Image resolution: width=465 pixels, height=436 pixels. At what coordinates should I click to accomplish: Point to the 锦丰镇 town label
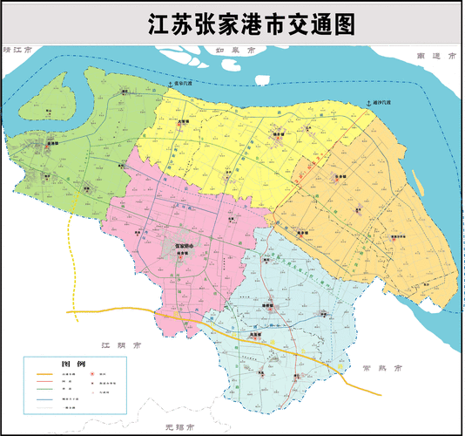point(278,133)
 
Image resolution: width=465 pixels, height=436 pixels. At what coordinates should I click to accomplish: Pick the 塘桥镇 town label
point(270,308)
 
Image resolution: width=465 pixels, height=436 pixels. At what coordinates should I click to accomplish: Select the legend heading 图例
point(73,363)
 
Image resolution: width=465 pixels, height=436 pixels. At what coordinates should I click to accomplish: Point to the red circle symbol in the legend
point(91,373)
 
